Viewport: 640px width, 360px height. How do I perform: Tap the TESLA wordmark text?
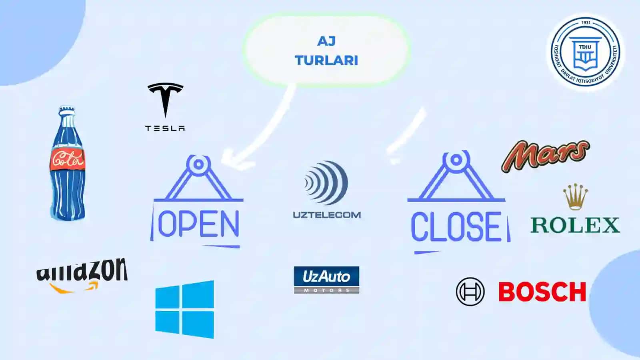point(165,128)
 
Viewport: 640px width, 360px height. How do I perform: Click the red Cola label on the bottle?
point(68,160)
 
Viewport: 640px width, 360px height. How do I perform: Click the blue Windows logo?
point(184,310)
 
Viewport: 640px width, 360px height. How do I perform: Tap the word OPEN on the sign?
point(198,224)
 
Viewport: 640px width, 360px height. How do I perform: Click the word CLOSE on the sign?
point(456,226)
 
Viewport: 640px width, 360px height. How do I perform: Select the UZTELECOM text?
point(327,215)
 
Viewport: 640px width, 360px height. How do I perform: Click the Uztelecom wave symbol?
point(326,183)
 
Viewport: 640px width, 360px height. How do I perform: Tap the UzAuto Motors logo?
point(326,280)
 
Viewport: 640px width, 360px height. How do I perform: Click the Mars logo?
point(546,156)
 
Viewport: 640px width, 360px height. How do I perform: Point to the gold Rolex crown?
point(576,197)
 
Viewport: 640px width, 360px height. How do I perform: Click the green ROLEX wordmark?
point(575,225)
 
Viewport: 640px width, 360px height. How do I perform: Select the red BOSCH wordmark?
point(542,292)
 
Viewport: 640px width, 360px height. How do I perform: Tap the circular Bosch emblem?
point(470,292)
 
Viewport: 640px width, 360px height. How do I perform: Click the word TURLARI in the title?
point(326,60)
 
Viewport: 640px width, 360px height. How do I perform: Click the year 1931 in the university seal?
point(586,23)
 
